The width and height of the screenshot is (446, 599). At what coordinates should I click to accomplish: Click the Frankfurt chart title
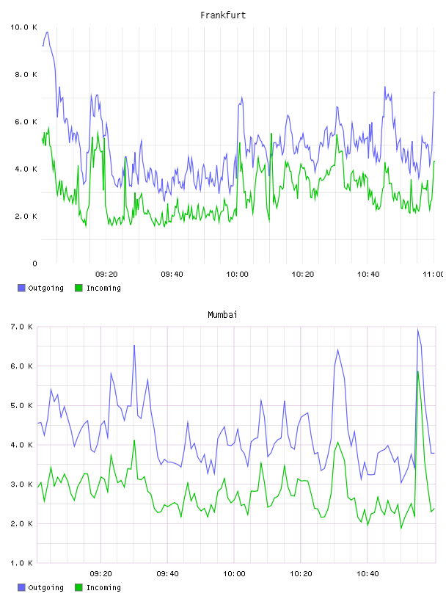223,15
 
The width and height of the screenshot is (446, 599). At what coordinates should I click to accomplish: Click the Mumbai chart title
222,315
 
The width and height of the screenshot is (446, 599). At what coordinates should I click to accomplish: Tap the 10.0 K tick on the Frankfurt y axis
23,27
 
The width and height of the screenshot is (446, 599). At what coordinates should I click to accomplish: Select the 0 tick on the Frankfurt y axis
34,264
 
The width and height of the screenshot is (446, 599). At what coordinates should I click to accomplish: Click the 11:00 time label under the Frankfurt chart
434,275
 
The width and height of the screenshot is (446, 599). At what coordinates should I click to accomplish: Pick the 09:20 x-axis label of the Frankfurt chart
106,275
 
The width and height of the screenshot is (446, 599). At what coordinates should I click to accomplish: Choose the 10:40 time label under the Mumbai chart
368,574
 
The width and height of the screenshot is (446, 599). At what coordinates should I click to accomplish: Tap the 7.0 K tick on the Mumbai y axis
22,327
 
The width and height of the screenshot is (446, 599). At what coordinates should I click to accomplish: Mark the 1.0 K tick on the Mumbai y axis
22,563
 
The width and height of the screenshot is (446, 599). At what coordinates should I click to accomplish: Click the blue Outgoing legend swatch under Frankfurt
21,288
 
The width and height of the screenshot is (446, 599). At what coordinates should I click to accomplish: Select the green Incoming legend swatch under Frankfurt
78,288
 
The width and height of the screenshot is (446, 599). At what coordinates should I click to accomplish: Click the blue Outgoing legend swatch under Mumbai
21,587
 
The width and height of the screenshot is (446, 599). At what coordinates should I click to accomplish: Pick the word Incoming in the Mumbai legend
103,588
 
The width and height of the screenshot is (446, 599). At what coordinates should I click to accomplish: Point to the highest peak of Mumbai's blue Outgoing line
417,330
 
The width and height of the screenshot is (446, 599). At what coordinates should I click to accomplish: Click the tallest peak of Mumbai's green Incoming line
418,371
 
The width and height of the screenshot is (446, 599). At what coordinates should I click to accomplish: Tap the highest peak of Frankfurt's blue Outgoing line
47,32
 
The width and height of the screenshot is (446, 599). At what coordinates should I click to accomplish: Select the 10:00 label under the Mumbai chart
234,574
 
